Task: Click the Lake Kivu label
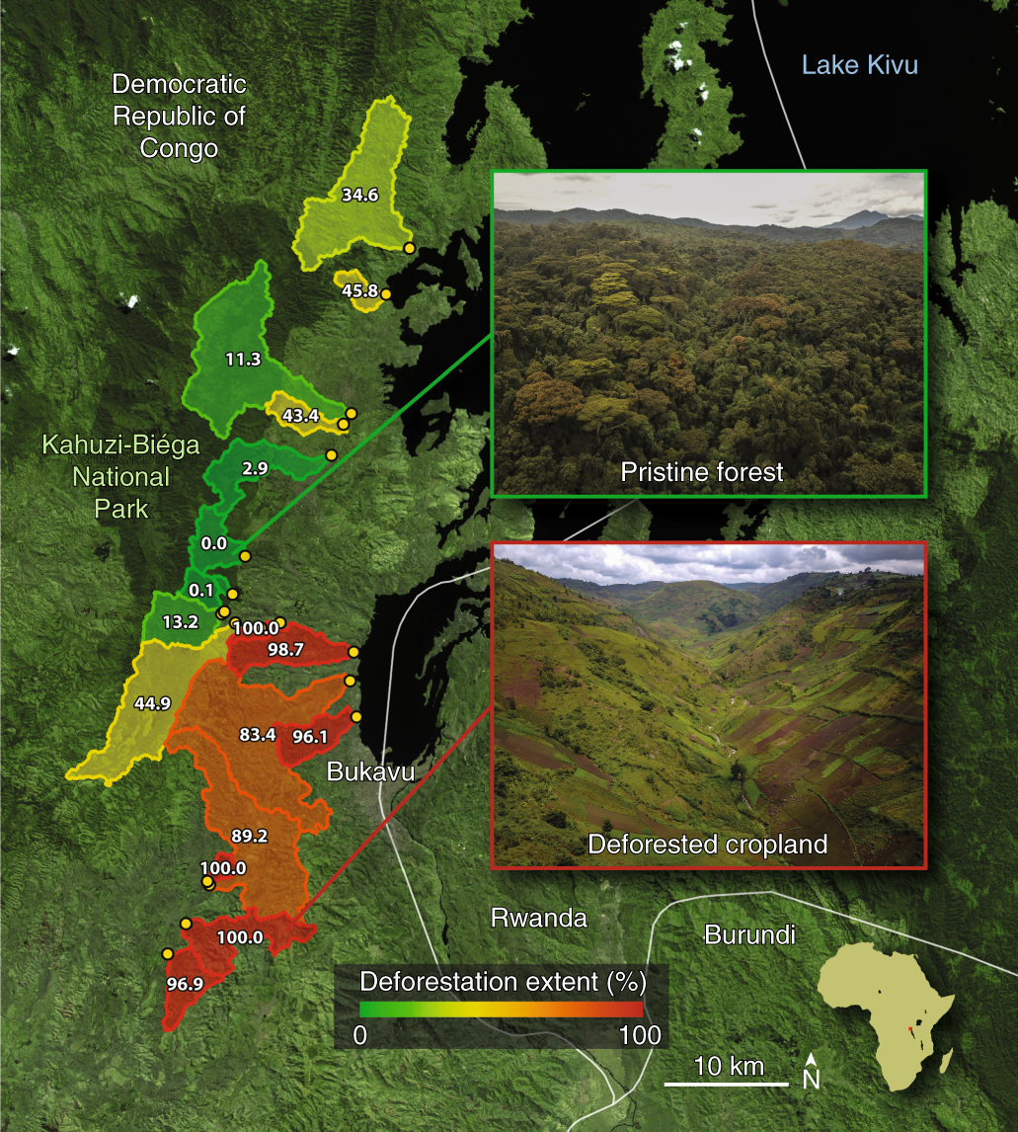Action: pos(859,66)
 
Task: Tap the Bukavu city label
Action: pos(370,771)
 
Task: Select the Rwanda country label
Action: pos(539,918)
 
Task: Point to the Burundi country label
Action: pos(749,934)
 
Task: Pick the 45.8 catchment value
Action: pos(359,290)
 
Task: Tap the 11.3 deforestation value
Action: pos(243,360)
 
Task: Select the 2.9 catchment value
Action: pos(255,468)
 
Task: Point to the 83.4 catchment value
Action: pos(259,734)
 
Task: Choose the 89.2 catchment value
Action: pos(249,835)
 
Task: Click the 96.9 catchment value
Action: pos(185,984)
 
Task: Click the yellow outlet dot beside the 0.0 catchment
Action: pos(245,556)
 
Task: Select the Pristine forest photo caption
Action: pos(702,472)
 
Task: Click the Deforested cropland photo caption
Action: pos(707,845)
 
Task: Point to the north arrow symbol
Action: pos(811,1071)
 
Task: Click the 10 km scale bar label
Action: pos(729,1066)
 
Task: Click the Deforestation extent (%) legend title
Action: pos(503,982)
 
